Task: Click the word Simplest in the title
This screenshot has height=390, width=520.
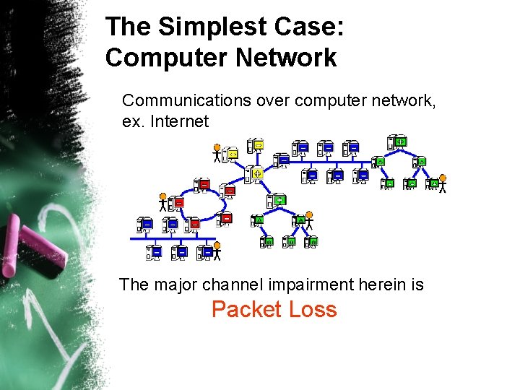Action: [197, 27]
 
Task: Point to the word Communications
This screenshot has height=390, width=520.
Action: [187, 100]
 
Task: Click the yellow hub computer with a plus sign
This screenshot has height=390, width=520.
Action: [256, 173]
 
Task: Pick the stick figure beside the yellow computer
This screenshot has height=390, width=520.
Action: [217, 153]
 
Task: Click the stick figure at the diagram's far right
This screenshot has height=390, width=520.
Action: [443, 184]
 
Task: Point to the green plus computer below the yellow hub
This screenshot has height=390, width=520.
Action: [279, 199]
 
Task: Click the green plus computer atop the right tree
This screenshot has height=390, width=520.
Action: [399, 142]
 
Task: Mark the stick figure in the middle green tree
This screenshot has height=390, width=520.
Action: [309, 219]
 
